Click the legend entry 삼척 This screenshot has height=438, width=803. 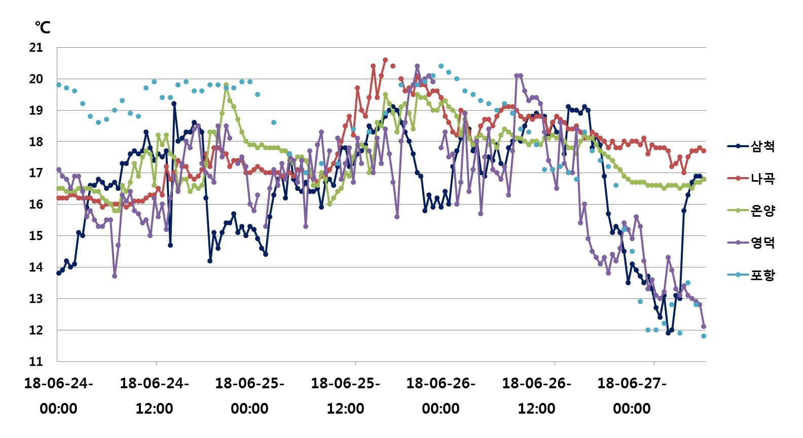pos(762,147)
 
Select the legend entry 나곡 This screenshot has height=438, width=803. pos(762,179)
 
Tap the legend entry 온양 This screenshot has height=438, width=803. pos(762,211)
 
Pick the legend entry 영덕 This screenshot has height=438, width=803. pos(762,243)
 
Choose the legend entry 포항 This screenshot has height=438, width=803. pos(762,275)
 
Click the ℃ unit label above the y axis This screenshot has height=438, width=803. pos(43,27)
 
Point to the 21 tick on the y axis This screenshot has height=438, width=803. pos(36,48)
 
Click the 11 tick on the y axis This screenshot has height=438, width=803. pos(36,362)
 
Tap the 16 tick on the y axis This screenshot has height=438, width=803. pos(36,205)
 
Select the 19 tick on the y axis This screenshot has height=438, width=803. pos(36,111)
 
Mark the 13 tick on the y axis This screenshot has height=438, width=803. pos(36,299)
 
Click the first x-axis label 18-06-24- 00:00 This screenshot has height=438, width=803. pos(59,396)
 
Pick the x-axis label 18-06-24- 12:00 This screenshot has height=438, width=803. pos(154,396)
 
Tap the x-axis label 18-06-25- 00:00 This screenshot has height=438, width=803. pos(250,396)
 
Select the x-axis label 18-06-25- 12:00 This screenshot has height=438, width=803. pos(345,396)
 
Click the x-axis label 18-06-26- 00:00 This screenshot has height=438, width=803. pos(441,396)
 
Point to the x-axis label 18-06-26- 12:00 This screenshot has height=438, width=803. pos(536,396)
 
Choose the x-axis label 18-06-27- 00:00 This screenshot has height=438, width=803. pos(632,396)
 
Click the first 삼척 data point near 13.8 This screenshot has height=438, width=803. pos(59,273)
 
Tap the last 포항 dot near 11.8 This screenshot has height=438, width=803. pos(704,336)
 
